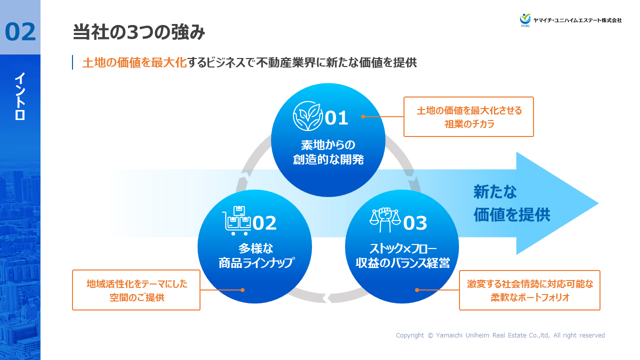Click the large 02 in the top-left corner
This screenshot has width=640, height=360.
pyautogui.click(x=20, y=31)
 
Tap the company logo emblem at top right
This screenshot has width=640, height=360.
pyautogui.click(x=525, y=19)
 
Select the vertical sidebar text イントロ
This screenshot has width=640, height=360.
pyautogui.click(x=20, y=96)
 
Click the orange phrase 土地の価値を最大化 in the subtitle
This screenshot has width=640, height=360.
pyautogui.click(x=134, y=62)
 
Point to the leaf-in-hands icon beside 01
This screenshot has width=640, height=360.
pyautogui.click(x=307, y=116)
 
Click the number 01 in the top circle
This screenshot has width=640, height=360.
pyautogui.click(x=336, y=118)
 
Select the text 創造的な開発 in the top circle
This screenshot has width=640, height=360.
pyautogui.click(x=328, y=160)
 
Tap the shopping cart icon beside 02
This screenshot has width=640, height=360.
pyautogui.click(x=236, y=221)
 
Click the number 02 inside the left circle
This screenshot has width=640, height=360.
pyautogui.click(x=264, y=223)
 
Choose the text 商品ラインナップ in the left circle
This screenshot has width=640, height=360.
pyautogui.click(x=256, y=263)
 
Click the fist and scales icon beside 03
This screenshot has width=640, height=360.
pyautogui.click(x=385, y=220)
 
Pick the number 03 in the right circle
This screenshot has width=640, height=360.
pyautogui.click(x=414, y=223)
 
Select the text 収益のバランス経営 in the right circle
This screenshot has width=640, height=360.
pyautogui.click(x=402, y=263)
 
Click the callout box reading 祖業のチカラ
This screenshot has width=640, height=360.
pyautogui.click(x=468, y=117)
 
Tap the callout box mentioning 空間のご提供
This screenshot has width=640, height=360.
pyautogui.click(x=136, y=290)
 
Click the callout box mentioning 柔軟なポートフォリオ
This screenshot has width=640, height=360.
pyautogui.click(x=529, y=290)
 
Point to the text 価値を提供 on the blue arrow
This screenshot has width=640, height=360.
pyautogui.click(x=512, y=215)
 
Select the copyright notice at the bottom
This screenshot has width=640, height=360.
pyautogui.click(x=500, y=335)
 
